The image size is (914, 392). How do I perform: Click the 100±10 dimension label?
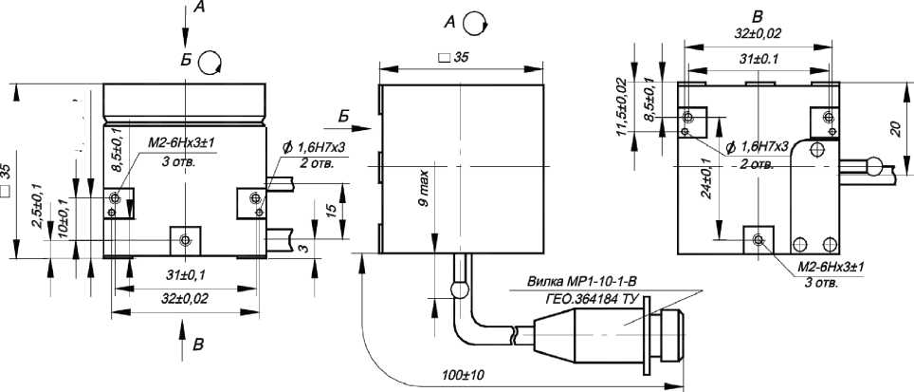tap(464, 376)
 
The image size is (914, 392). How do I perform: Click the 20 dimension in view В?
tap(895, 128)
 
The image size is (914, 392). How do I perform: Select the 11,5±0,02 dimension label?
tap(623, 106)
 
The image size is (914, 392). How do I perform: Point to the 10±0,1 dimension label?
tap(63, 220)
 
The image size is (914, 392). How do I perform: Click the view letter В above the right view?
tap(757, 17)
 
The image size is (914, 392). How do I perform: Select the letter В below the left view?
tap(198, 345)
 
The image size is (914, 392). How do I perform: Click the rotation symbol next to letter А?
tap(479, 23)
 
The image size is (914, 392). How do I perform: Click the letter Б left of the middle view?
tap(344, 116)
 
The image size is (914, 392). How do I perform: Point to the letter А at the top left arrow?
tap(198, 9)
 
